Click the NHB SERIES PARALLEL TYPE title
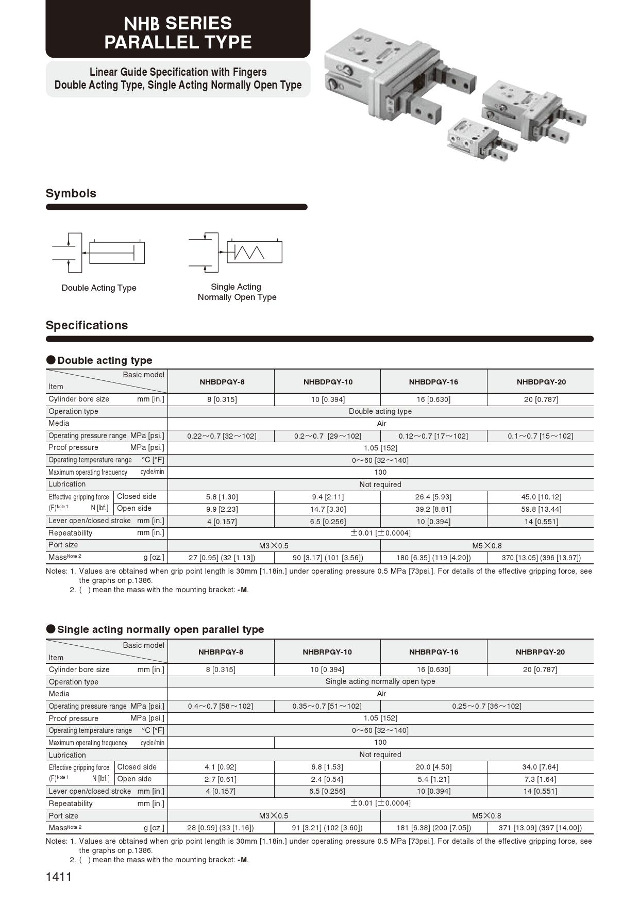178,32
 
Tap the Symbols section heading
71,193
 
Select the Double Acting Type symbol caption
99,288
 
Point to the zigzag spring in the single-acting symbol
249,252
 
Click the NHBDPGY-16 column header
433,382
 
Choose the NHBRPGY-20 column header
540,652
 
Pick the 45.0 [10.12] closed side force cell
541,497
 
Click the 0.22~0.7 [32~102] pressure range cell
222,436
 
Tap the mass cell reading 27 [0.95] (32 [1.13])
222,558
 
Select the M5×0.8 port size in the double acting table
486,545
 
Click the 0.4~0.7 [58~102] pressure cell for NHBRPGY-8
221,706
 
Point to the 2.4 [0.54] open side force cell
327,779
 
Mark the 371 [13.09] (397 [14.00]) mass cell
540,828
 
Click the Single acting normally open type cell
380,681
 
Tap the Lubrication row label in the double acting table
67,484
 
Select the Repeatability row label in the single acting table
71,803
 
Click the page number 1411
59,877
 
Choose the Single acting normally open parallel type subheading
160,629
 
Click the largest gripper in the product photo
392,77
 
